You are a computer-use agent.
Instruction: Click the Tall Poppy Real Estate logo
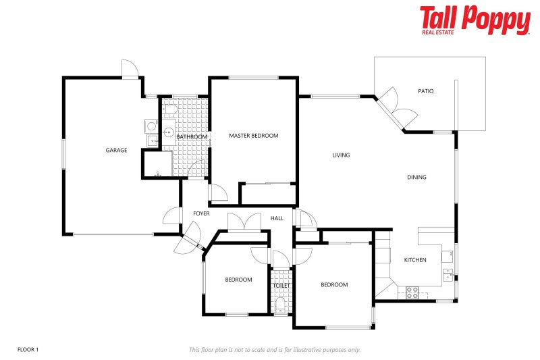click(x=475, y=20)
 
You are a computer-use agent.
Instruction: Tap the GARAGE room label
click(x=116, y=150)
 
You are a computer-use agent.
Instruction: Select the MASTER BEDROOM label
click(x=253, y=136)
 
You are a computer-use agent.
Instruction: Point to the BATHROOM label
click(x=192, y=137)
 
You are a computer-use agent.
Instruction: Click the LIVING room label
click(x=341, y=155)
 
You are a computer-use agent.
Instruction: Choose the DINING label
click(x=416, y=178)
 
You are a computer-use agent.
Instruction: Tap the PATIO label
click(x=425, y=91)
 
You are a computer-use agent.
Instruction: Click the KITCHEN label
click(x=414, y=260)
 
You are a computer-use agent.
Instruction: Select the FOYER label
click(x=201, y=213)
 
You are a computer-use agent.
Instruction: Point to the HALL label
click(x=277, y=218)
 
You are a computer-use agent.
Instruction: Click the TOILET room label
click(x=281, y=286)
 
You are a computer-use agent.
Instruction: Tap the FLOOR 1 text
click(x=28, y=349)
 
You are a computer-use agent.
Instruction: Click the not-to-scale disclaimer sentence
click(x=275, y=349)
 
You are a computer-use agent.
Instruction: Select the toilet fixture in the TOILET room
click(x=281, y=305)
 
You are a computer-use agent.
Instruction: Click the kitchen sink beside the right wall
click(x=447, y=274)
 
